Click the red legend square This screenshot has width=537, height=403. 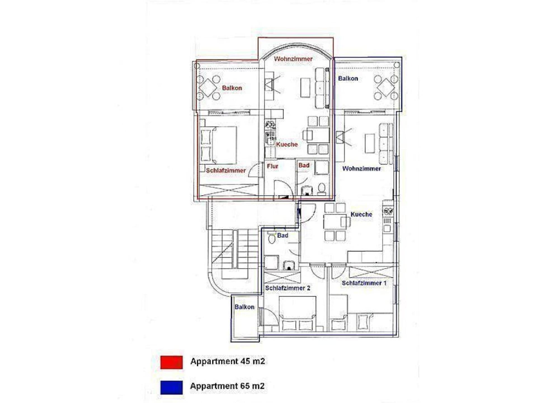click(x=171, y=362)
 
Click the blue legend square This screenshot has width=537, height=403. click(x=171, y=387)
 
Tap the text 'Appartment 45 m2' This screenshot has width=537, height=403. click(x=228, y=361)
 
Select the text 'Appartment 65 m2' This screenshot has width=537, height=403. click(x=227, y=386)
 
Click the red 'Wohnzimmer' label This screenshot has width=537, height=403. click(x=293, y=59)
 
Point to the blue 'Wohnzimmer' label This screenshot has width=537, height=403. click(x=361, y=168)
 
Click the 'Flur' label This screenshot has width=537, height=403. click(x=272, y=166)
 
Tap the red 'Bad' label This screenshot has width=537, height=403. click(x=304, y=165)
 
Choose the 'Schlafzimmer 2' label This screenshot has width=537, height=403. click(x=288, y=288)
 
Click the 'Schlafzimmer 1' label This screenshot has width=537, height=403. click(x=364, y=283)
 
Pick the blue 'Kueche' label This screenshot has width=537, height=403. click(x=361, y=214)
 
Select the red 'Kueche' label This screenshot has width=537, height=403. click(x=287, y=144)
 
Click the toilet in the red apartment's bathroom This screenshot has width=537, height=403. click(x=322, y=189)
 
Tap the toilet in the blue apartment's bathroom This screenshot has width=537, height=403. click(x=272, y=238)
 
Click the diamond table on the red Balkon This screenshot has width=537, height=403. click(x=208, y=88)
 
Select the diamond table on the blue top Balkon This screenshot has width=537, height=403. click(x=386, y=88)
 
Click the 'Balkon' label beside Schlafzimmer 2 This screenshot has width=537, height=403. click(x=244, y=307)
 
